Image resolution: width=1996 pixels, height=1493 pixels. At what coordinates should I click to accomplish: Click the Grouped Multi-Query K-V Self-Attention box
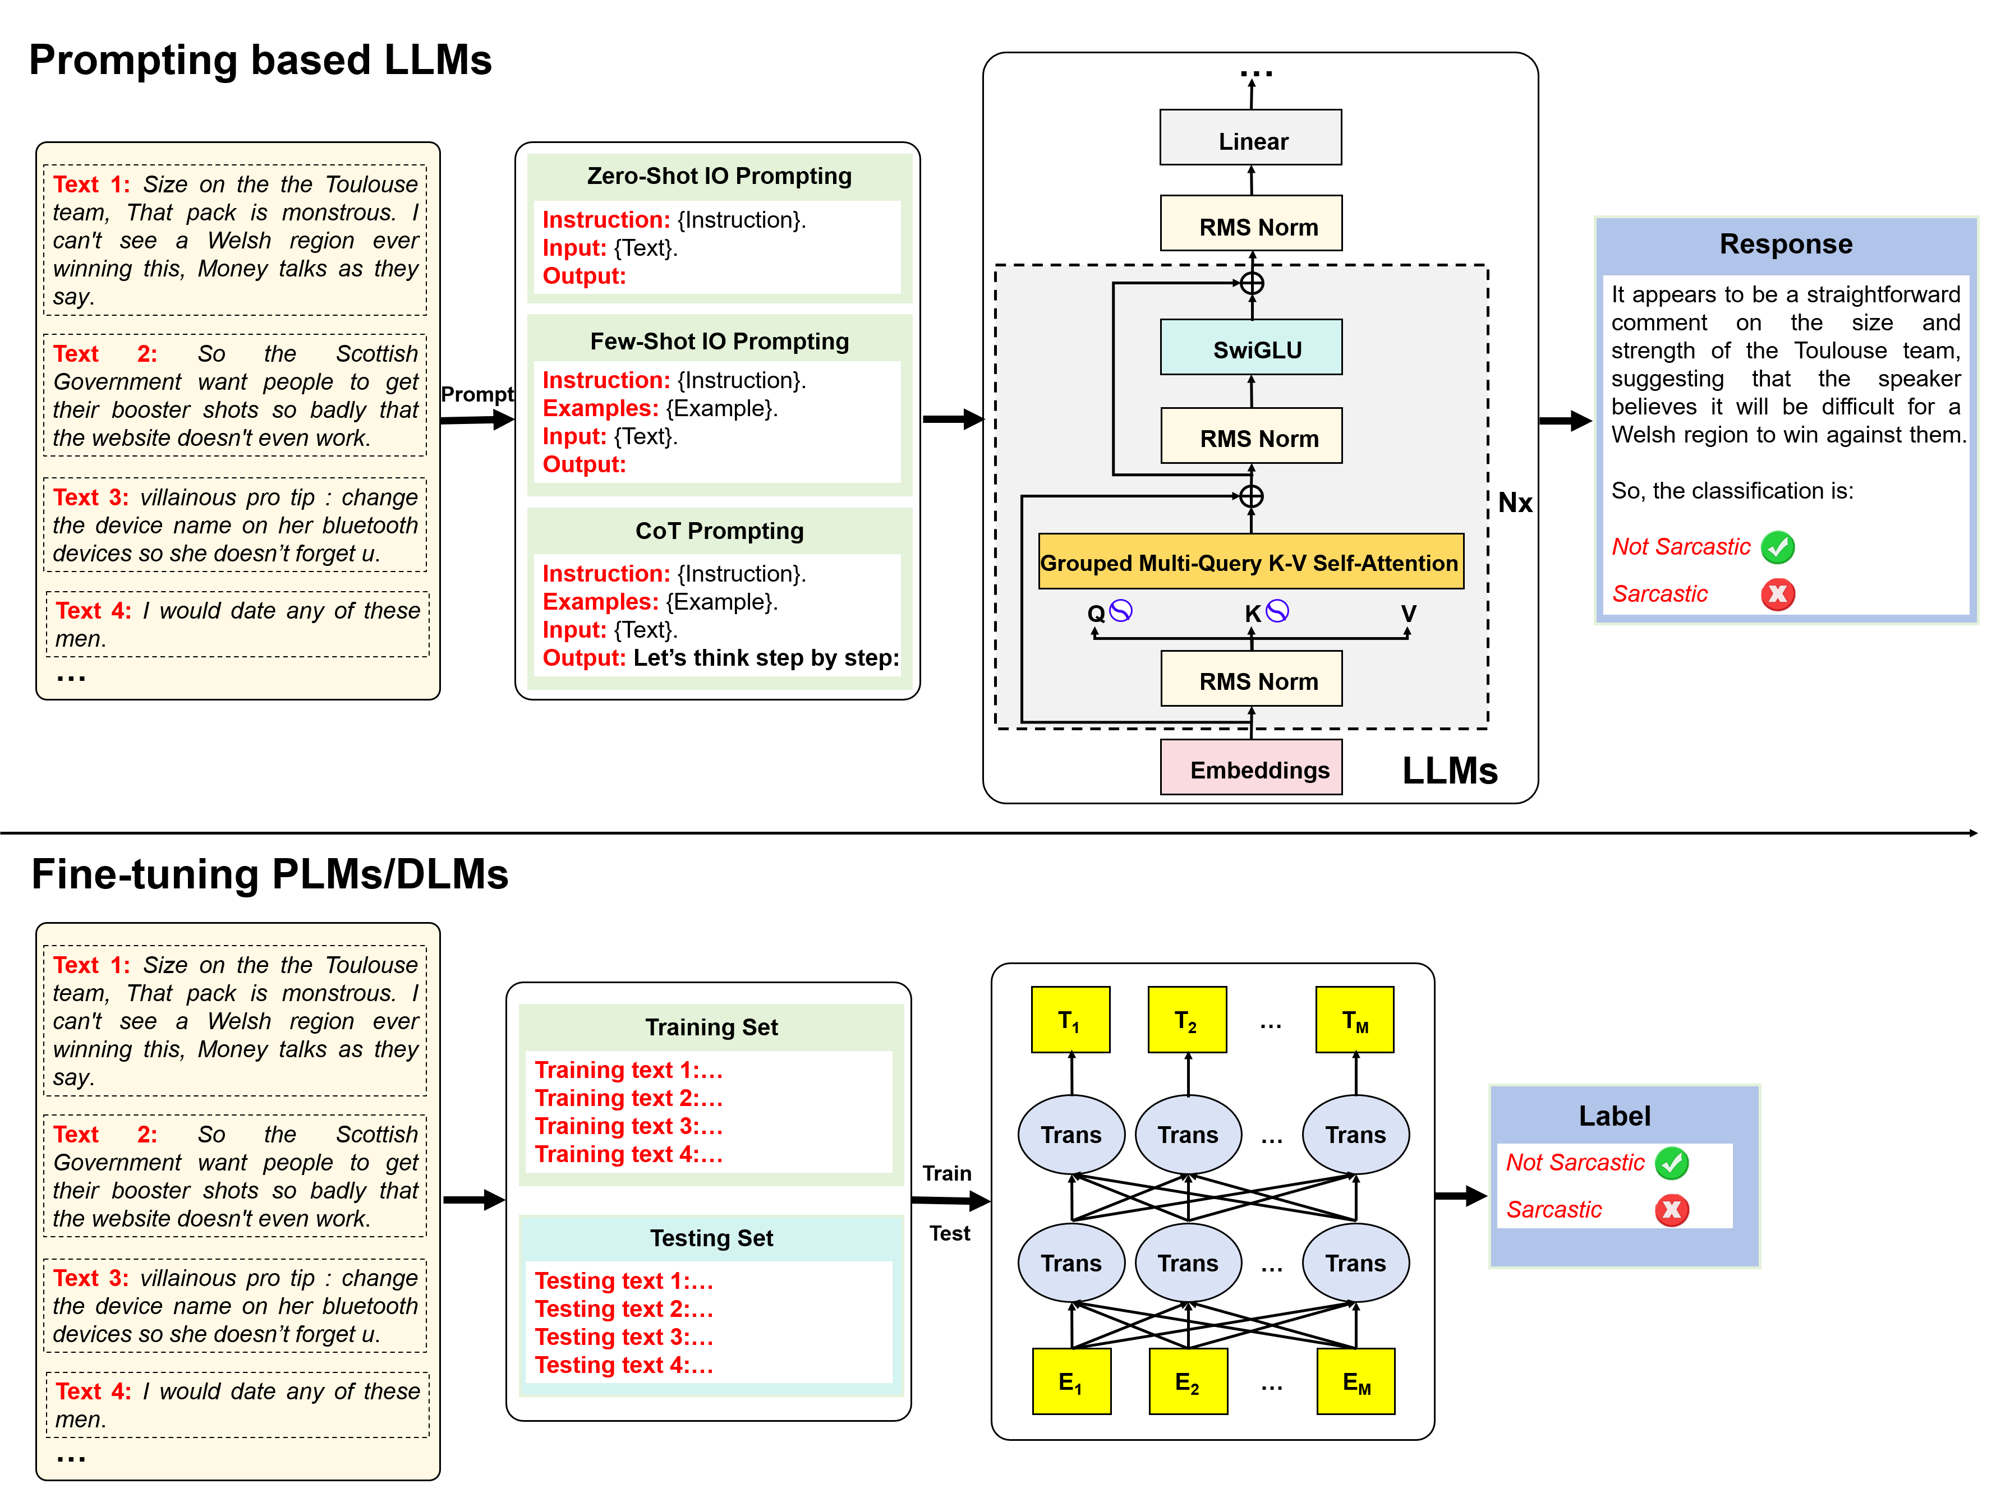point(1250,562)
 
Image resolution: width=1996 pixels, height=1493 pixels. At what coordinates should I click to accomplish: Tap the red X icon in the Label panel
point(1671,1210)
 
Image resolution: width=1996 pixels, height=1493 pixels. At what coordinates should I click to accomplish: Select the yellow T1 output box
point(1070,1020)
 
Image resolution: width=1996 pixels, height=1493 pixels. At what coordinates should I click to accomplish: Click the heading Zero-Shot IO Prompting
point(719,176)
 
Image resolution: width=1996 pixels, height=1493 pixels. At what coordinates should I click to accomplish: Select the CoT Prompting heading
point(719,531)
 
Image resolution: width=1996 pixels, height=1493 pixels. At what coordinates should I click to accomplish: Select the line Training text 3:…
point(628,1126)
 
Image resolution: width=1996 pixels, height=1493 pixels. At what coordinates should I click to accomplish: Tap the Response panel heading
point(1785,243)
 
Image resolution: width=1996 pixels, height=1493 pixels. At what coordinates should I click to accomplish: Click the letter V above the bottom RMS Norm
point(1408,614)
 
